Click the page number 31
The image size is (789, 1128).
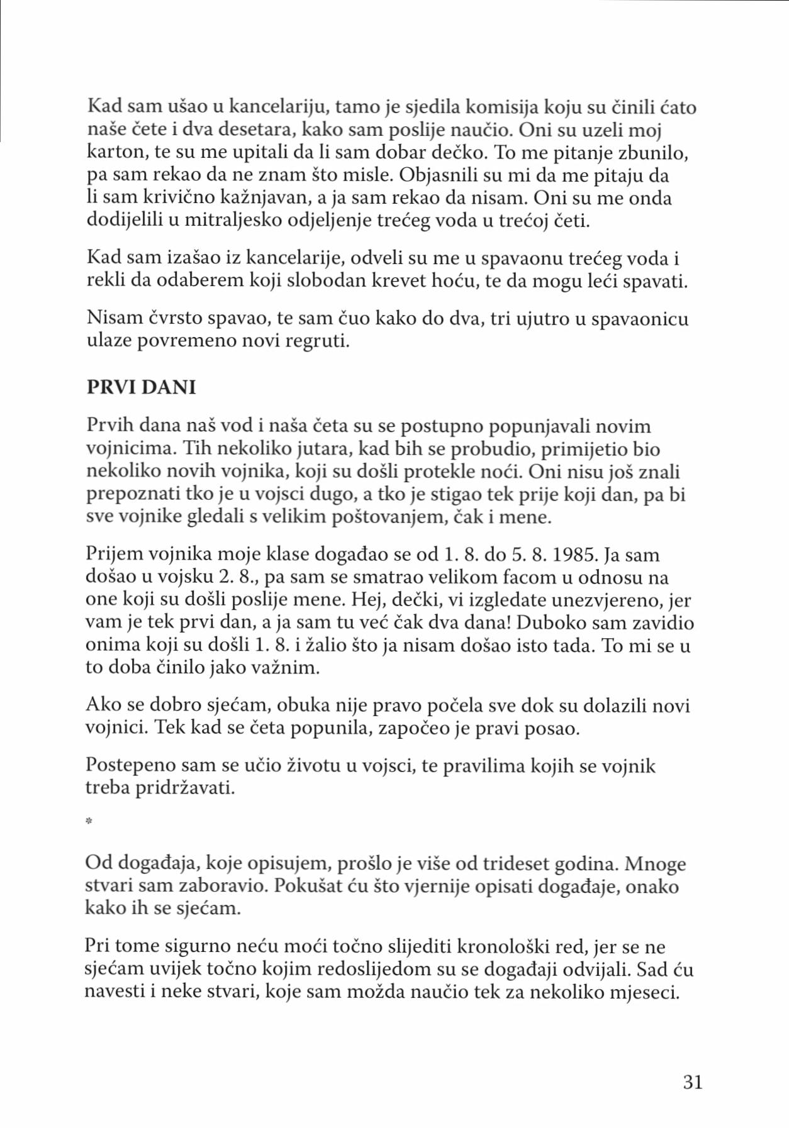tap(692, 1081)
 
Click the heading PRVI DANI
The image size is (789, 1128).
tap(141, 387)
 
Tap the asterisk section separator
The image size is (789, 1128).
tap(89, 821)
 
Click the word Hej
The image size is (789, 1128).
tap(366, 600)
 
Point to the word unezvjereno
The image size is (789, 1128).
tap(607, 600)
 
